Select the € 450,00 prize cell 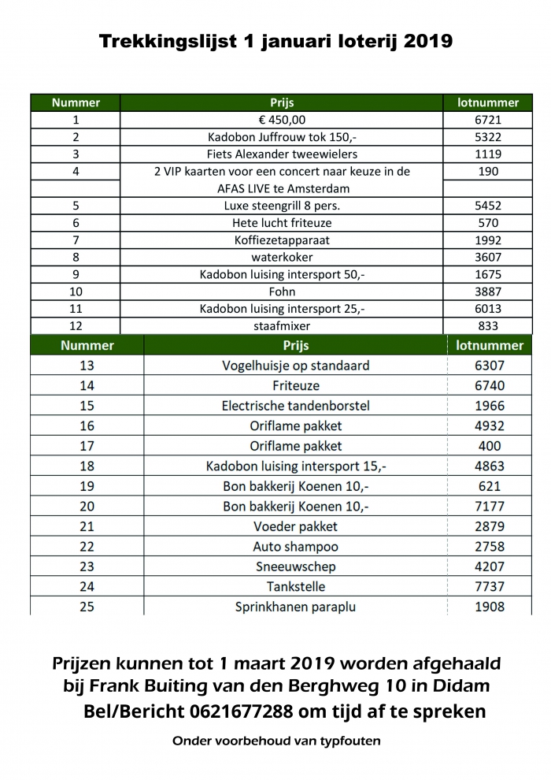(x=281, y=120)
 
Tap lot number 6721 (x=488, y=120)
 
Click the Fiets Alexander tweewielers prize (x=281, y=154)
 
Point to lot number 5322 (x=488, y=137)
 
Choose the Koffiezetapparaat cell (x=281, y=240)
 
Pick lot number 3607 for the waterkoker (x=488, y=257)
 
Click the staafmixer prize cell (x=281, y=325)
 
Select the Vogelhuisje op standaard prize (x=295, y=366)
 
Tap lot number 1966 (x=490, y=406)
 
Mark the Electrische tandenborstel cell (x=295, y=406)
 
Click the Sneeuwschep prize (x=295, y=566)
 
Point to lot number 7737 (x=490, y=586)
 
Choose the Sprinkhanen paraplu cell (x=295, y=607)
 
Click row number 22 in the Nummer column (x=87, y=546)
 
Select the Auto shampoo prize (x=295, y=546)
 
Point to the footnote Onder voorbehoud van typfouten (x=275, y=742)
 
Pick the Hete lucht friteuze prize (x=281, y=223)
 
